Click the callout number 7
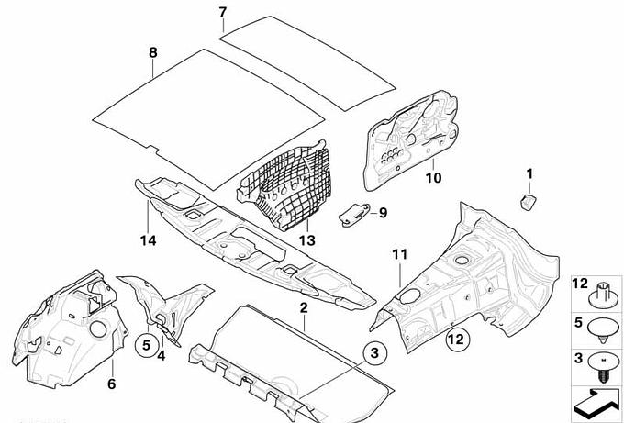[x=222, y=12]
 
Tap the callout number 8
[x=153, y=52]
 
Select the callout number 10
[x=434, y=177]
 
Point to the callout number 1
[x=529, y=173]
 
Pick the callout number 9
[x=384, y=213]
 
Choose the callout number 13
[x=306, y=239]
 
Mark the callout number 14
[x=149, y=240]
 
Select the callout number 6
[x=111, y=384]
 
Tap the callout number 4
[x=161, y=355]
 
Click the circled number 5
[x=145, y=345]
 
